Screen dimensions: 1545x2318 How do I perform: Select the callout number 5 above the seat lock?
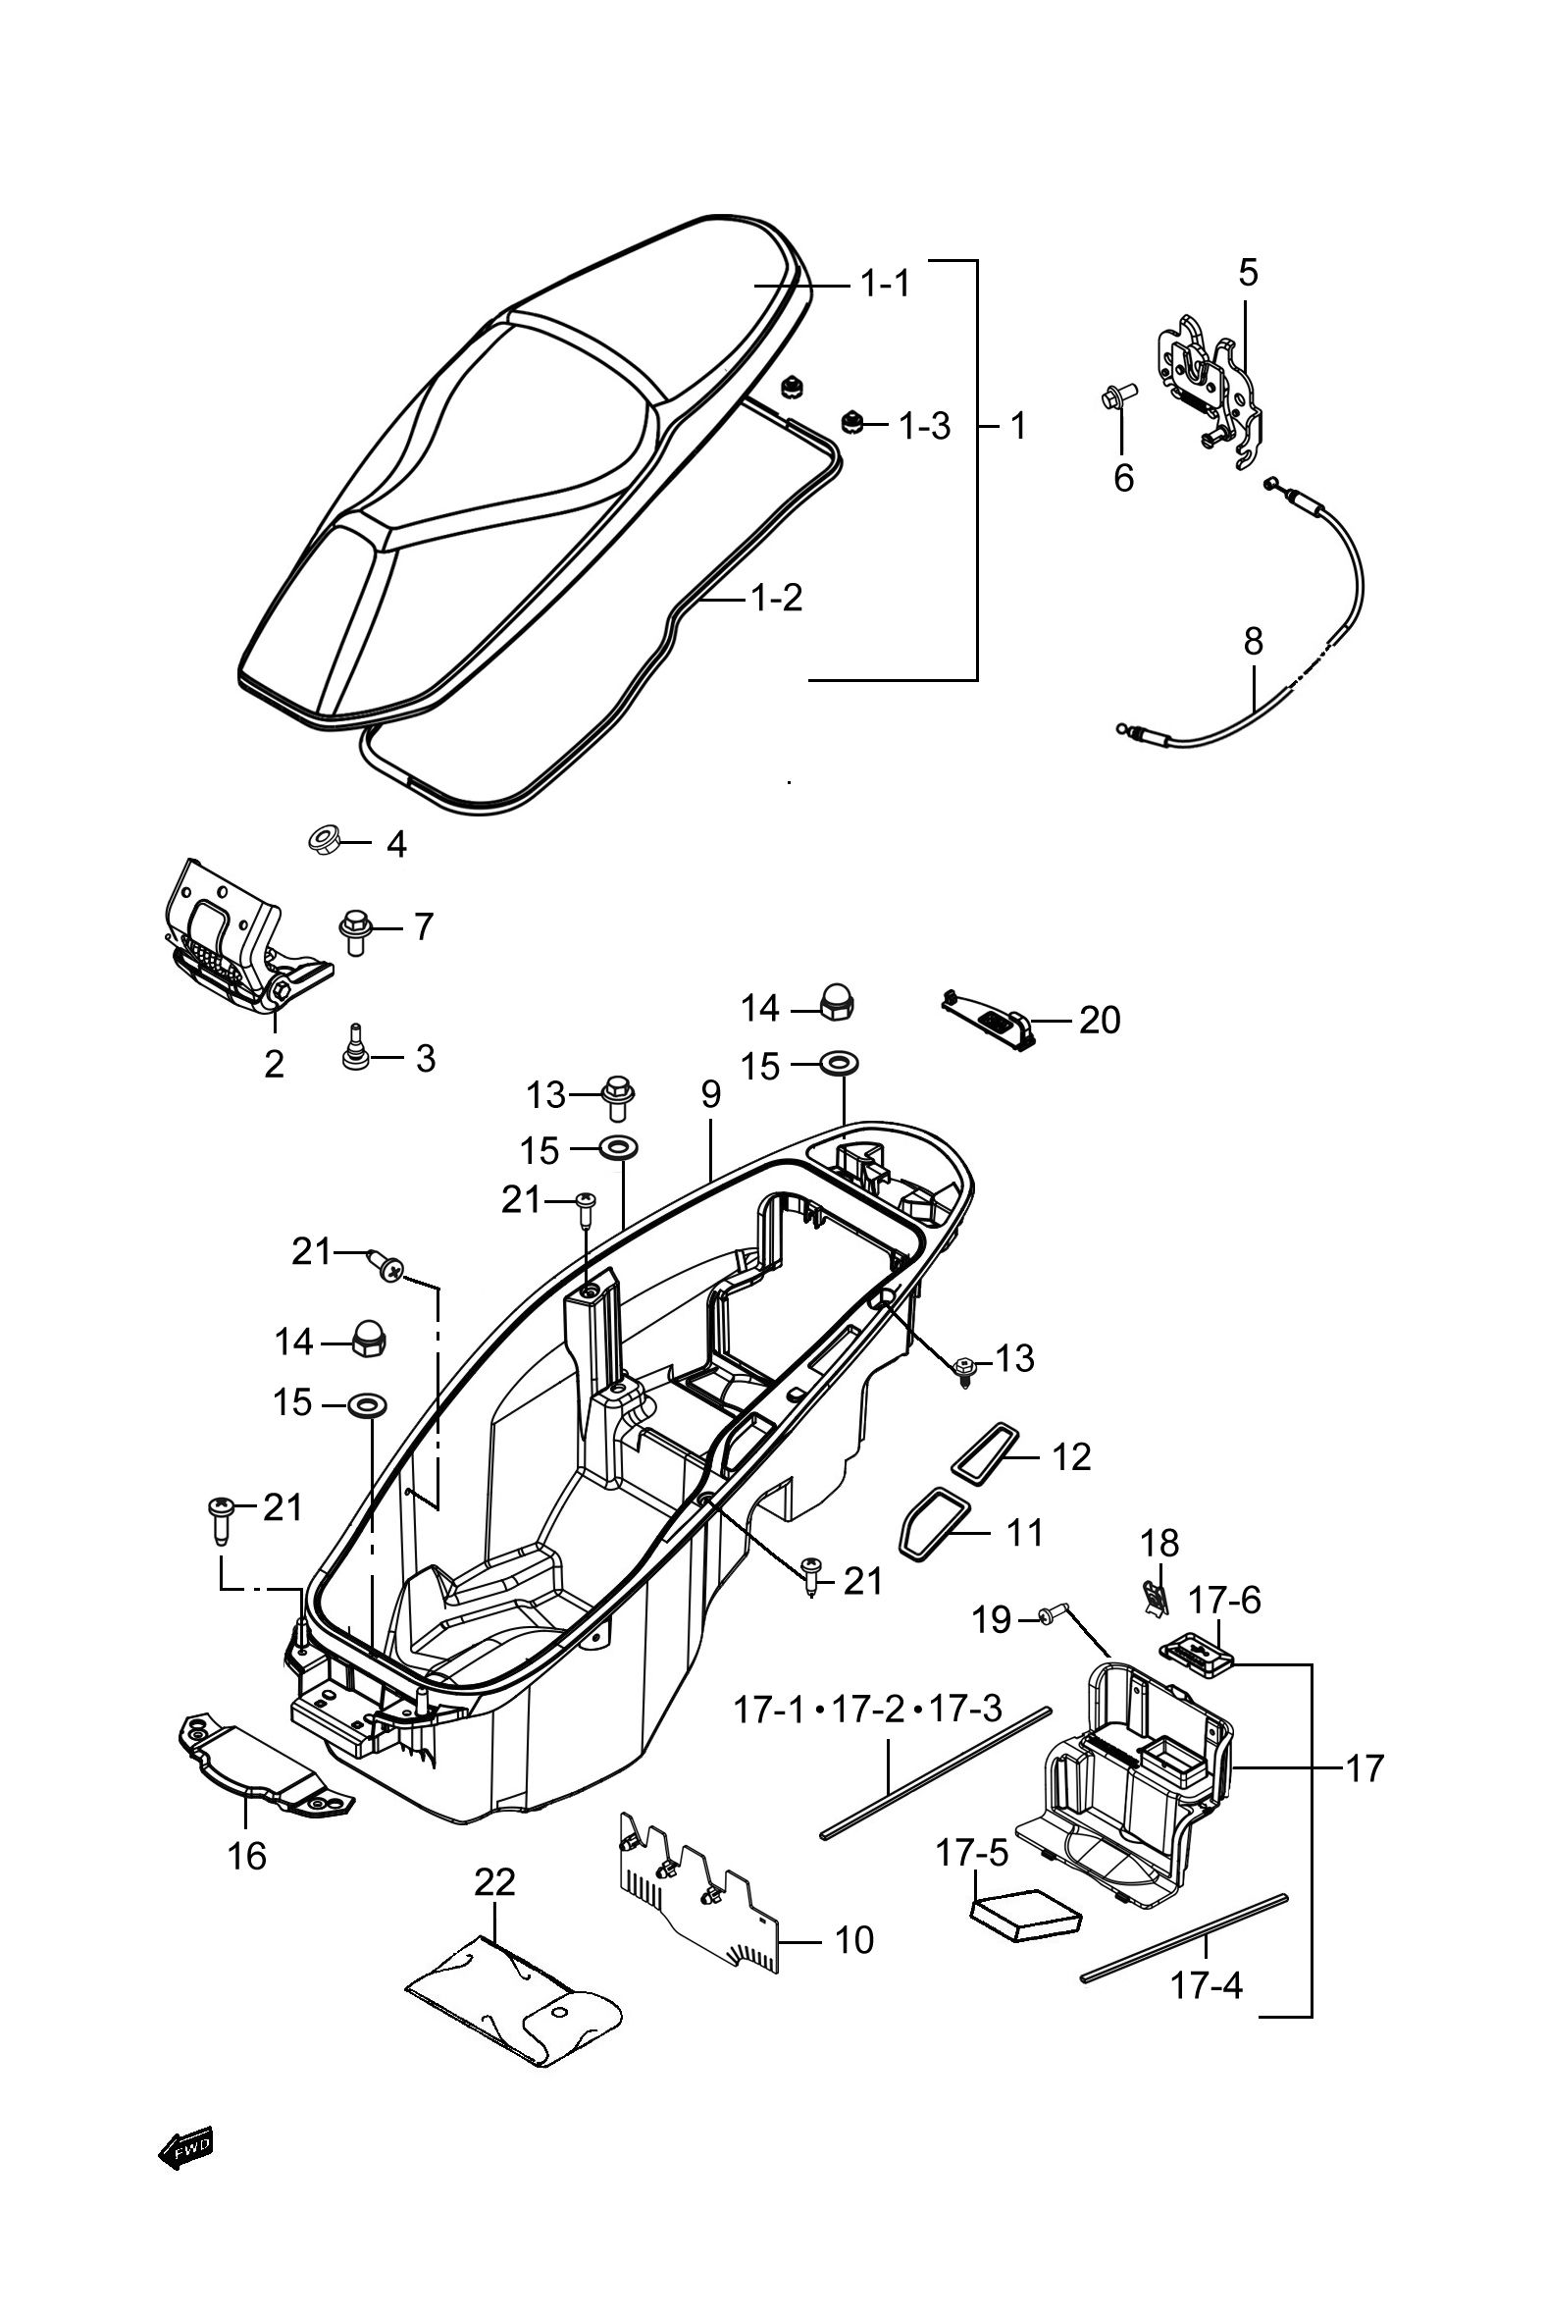[x=1249, y=272]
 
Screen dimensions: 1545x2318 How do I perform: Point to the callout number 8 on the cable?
[x=1253, y=642]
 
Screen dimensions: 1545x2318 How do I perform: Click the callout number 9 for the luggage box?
[x=711, y=1095]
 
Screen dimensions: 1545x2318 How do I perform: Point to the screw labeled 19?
[x=1054, y=1615]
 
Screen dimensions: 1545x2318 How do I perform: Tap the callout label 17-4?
[x=1206, y=1985]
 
